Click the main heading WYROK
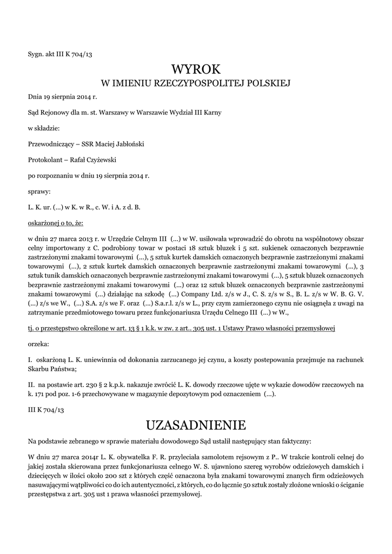coord(196,69)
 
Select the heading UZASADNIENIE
coord(196,424)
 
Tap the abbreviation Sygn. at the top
coord(36,54)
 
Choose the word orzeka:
coord(38,344)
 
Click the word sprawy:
coord(39,191)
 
